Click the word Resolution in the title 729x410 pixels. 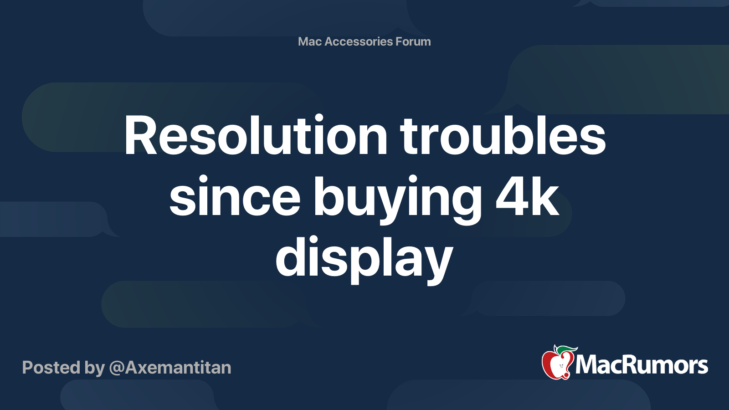[256, 136]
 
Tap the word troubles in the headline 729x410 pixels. [503, 136]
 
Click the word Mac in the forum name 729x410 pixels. [310, 41]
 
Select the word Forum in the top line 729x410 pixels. [413, 41]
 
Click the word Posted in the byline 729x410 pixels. [51, 367]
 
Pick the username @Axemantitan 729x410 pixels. [170, 367]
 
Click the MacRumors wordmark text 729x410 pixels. [642, 365]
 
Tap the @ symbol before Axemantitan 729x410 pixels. [117, 368]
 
